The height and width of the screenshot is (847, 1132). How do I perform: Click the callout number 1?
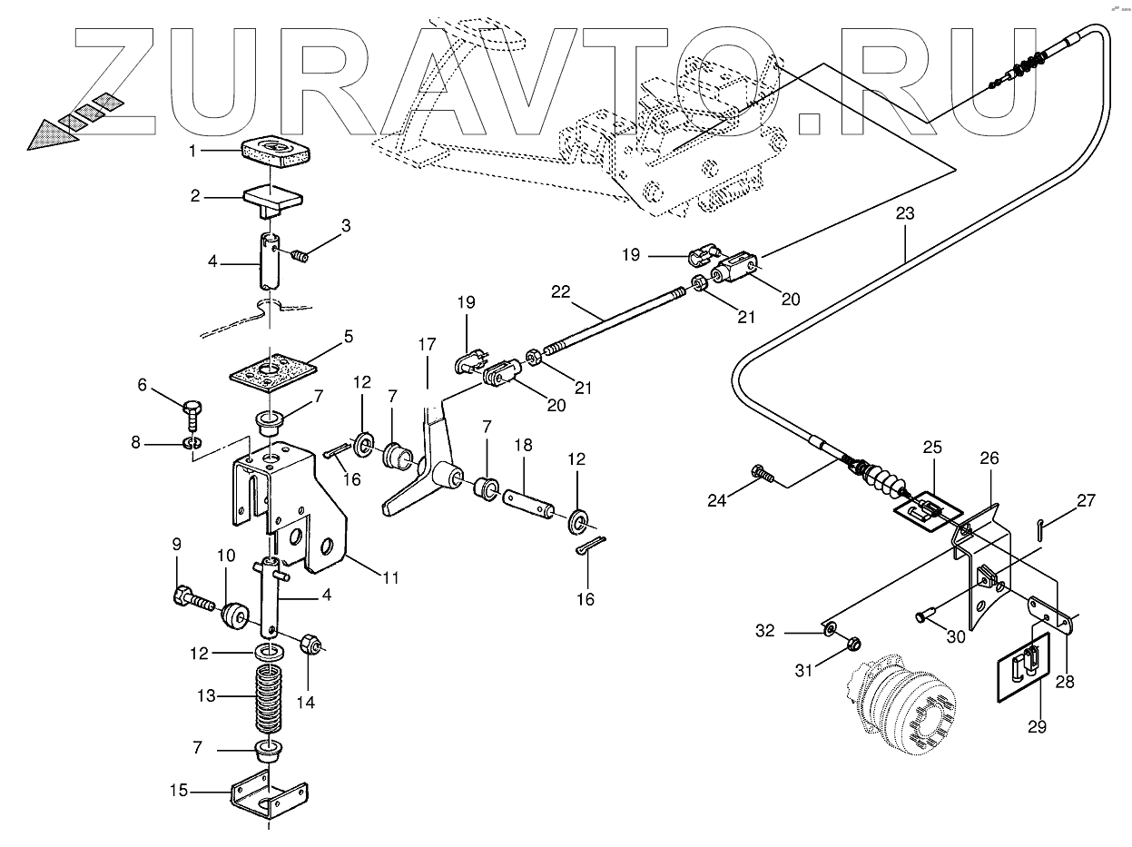(x=193, y=152)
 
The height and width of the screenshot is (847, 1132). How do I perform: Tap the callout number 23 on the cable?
(x=904, y=215)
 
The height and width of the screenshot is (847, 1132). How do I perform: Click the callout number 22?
(x=561, y=291)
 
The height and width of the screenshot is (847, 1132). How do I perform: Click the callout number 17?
(x=427, y=345)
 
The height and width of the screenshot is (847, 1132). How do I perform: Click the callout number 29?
(x=1037, y=725)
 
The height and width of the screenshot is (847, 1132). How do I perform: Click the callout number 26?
(x=988, y=459)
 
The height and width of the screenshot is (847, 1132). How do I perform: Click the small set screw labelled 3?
(x=300, y=257)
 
